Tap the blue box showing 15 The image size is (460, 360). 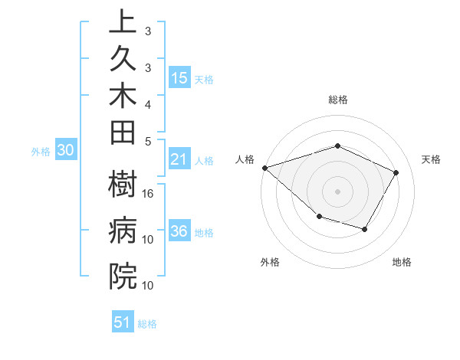tap(179, 78)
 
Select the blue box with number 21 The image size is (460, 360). tap(179, 159)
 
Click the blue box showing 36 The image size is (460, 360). tap(179, 232)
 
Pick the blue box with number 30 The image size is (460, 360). tap(66, 151)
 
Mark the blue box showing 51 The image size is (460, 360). tap(123, 322)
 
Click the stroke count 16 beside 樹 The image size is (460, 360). tap(148, 193)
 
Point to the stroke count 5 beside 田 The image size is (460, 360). tap(148, 141)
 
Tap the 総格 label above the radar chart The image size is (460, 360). tap(338, 100)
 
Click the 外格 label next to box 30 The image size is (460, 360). tap(41, 152)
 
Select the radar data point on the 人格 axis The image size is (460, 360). tap(264, 167)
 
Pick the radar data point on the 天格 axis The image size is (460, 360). tap(396, 172)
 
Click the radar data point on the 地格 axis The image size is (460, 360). tap(365, 229)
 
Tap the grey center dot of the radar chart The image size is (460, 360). tap(338, 191)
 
